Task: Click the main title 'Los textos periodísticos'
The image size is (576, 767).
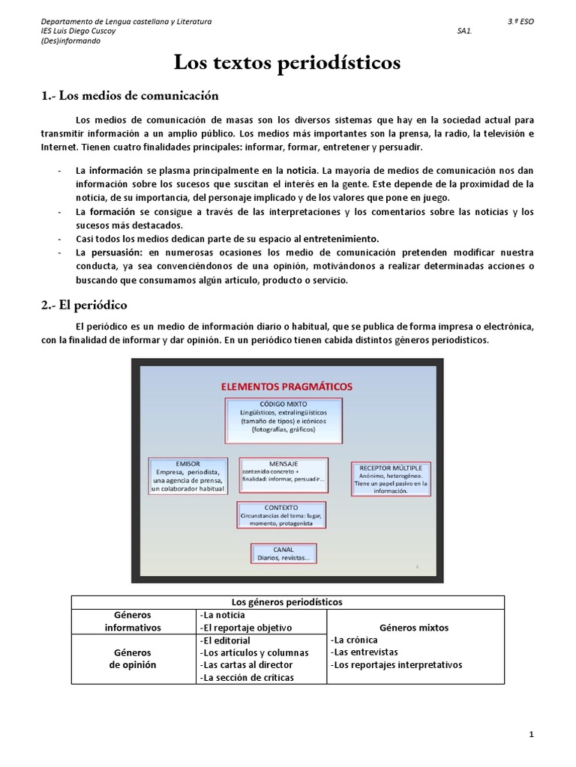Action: pyautogui.click(x=287, y=64)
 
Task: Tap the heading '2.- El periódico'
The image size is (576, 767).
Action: pyautogui.click(x=83, y=305)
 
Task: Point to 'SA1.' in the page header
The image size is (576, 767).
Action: pyautogui.click(x=463, y=31)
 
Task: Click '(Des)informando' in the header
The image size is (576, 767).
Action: pyautogui.click(x=70, y=41)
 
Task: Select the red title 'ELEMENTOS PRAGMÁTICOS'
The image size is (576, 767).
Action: pyautogui.click(x=286, y=386)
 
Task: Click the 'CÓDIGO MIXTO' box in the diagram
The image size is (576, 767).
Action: pyautogui.click(x=283, y=417)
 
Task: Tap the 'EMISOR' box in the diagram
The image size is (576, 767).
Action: pyautogui.click(x=188, y=476)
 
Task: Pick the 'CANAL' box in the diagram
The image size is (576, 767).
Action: pyautogui.click(x=283, y=554)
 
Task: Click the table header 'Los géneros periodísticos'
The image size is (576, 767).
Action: pyautogui.click(x=288, y=601)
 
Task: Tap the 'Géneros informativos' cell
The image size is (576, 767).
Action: pyautogui.click(x=133, y=621)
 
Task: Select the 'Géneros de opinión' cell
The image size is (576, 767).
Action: pyautogui.click(x=133, y=658)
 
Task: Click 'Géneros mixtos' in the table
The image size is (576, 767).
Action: pyautogui.click(x=415, y=627)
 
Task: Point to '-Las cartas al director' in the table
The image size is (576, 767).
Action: pyautogui.click(x=247, y=664)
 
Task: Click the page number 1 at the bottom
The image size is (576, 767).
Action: pyautogui.click(x=532, y=735)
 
